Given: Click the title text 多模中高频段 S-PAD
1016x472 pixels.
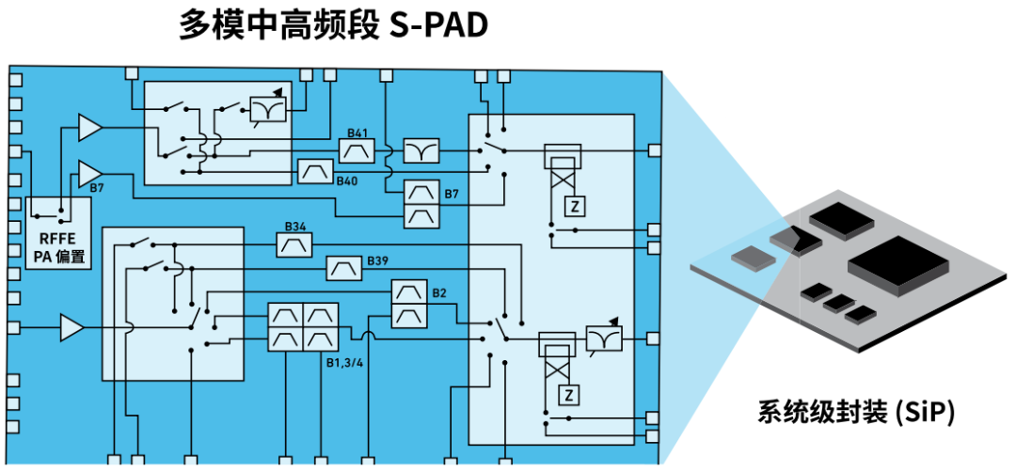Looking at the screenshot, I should (334, 26).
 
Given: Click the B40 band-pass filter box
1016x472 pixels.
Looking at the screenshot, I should (315, 171).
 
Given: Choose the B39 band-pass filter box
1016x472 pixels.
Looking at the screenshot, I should (342, 269).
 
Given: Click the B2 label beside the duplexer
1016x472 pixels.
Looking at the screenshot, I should (439, 294).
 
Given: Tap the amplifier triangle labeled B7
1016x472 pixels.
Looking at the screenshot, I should (89, 173).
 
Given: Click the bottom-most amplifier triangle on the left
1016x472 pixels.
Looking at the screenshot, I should (71, 328).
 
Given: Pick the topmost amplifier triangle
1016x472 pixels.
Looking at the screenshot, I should (89, 127).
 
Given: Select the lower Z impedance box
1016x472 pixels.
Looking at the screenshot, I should (567, 393).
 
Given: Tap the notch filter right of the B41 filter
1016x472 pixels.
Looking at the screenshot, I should (421, 150).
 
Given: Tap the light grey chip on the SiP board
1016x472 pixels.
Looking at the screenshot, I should (752, 257).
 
